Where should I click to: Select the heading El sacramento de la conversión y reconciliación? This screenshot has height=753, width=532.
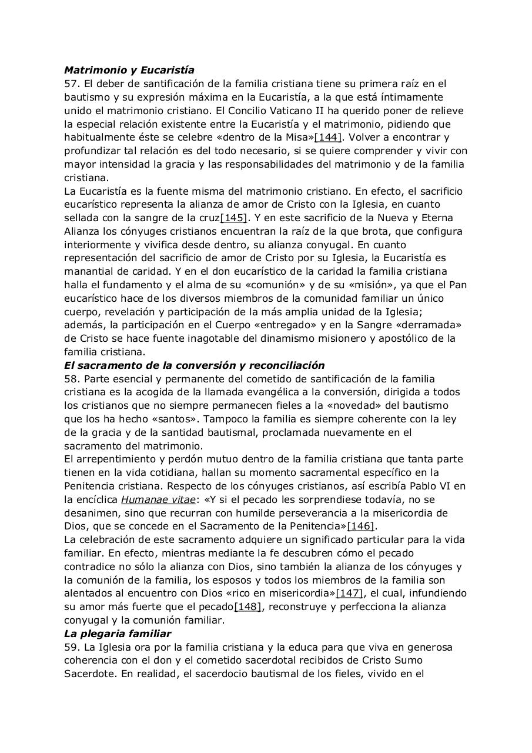tap(194, 365)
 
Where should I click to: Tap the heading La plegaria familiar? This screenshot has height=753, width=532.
tap(118, 634)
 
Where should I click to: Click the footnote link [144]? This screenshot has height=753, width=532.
tap(328, 138)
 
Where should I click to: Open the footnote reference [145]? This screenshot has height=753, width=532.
tap(233, 218)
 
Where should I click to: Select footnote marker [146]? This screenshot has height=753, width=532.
tap(362, 527)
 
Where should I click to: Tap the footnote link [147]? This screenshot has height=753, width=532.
tap(350, 594)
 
